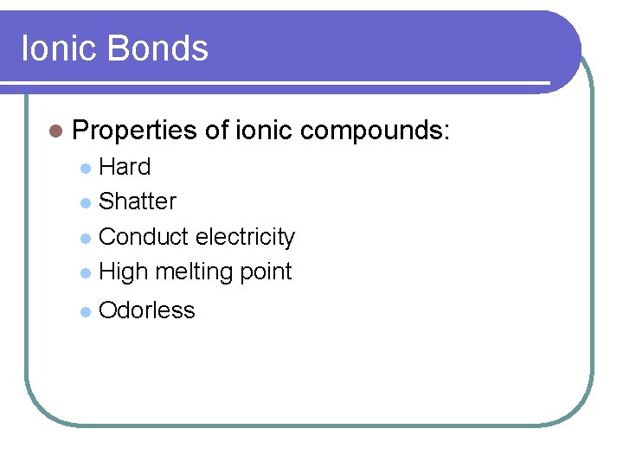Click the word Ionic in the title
[x=59, y=48]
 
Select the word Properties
[x=135, y=131]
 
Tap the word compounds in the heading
[x=375, y=131]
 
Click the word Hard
[x=125, y=167]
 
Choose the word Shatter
[x=138, y=202]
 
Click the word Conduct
[x=144, y=237]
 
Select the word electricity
[x=246, y=237]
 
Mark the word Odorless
[x=147, y=310]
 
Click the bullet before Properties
[x=56, y=131]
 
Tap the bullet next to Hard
[x=84, y=168]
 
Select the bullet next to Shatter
[x=84, y=202]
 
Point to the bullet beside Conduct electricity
[x=84, y=238]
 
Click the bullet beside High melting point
[x=84, y=272]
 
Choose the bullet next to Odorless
[x=84, y=311]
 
